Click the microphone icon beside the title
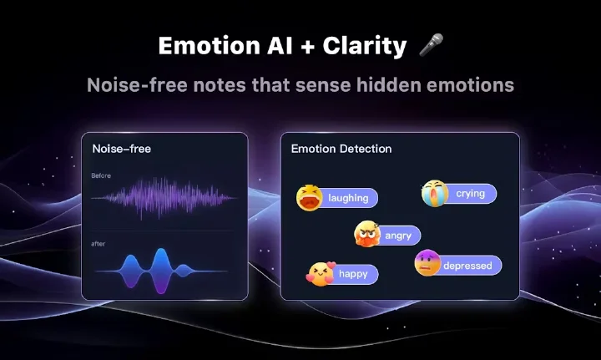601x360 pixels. pyautogui.click(x=432, y=45)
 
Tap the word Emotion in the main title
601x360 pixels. pyautogui.click(x=210, y=46)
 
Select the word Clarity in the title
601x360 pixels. pyautogui.click(x=365, y=47)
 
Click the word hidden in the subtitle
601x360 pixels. pyautogui.click(x=389, y=84)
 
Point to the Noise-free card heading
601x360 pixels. pyautogui.click(x=122, y=149)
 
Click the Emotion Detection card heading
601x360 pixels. pyautogui.click(x=341, y=149)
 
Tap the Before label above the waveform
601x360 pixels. pyautogui.click(x=101, y=175)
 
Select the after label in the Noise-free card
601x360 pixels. pyautogui.click(x=98, y=244)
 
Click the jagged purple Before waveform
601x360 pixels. pyautogui.click(x=164, y=198)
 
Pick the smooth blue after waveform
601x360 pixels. pyautogui.click(x=161, y=271)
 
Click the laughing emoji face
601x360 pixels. pyautogui.click(x=310, y=198)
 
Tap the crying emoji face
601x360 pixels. pyautogui.click(x=435, y=193)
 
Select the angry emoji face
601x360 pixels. pyautogui.click(x=367, y=234)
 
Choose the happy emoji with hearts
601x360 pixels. pyautogui.click(x=321, y=274)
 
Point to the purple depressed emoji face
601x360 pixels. pyautogui.click(x=427, y=263)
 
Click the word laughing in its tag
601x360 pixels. pyautogui.click(x=348, y=198)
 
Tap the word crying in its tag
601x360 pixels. pyautogui.click(x=470, y=194)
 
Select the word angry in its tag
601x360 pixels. pyautogui.click(x=398, y=236)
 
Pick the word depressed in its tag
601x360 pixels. pyautogui.click(x=467, y=266)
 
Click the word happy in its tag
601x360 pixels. pyautogui.click(x=353, y=274)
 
